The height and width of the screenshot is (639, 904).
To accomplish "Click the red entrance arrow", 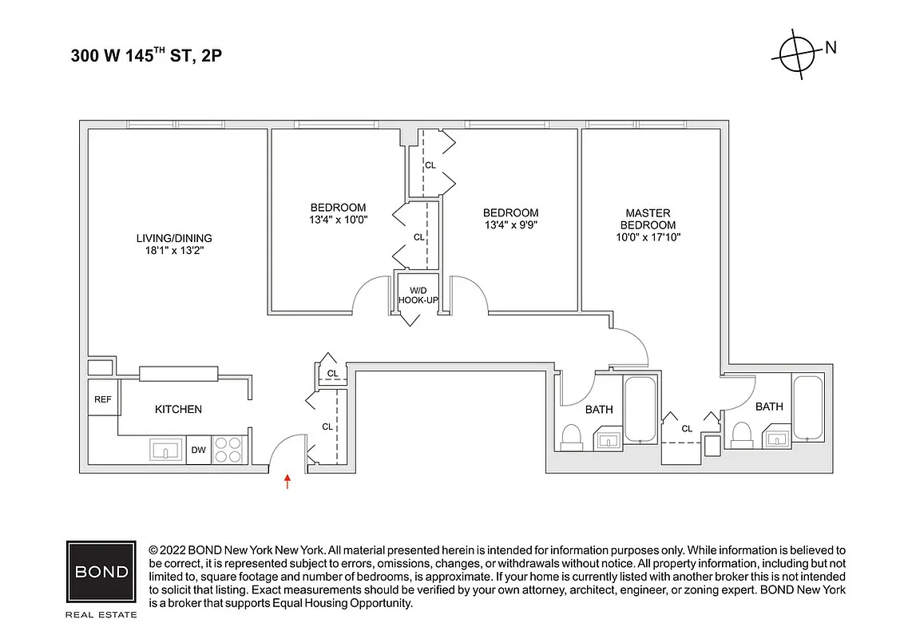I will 288,481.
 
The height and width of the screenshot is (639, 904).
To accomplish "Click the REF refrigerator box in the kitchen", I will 102,399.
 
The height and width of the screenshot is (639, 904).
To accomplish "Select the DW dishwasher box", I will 198,450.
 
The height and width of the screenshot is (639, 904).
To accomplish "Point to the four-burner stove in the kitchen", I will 229,450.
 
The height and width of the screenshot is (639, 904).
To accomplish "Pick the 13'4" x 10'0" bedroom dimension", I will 338,220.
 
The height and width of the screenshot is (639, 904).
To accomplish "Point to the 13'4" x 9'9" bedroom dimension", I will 510,224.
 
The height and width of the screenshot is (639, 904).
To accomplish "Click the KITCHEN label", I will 178,409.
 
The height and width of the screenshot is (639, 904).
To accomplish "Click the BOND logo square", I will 101,573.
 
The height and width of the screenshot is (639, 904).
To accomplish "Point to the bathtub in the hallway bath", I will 640,409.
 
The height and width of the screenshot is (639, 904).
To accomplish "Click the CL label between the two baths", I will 687,429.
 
